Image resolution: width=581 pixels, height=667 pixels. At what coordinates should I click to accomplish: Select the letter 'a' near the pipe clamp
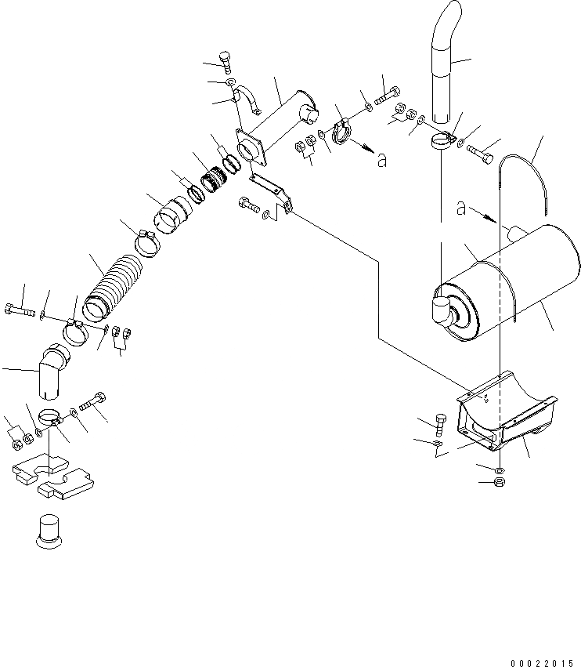coord(381,160)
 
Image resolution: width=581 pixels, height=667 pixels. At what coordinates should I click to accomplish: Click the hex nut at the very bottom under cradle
coord(500,481)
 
